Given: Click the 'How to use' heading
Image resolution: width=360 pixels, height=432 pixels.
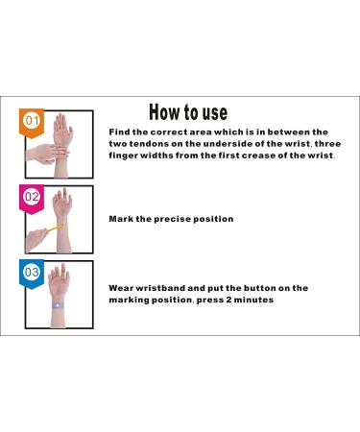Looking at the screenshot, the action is pos(188,112).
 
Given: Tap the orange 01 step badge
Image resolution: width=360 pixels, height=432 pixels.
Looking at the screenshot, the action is pos(32,123).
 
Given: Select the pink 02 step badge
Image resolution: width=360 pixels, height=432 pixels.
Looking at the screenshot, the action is pos(32,199).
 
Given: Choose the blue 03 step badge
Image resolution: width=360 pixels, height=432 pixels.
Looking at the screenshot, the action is pos(32,275).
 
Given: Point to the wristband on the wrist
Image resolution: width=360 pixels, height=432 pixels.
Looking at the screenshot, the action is pos(58,305).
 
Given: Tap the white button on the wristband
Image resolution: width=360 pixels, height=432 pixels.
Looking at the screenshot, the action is pos(58,305).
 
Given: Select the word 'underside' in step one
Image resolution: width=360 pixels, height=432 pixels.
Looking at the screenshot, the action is pos(227,144).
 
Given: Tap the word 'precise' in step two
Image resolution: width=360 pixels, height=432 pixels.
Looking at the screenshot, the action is pos(172,219).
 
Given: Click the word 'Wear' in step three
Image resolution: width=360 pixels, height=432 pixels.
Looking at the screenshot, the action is pos(121,288).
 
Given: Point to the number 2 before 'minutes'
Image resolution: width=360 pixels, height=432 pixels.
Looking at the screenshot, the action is pos(228,300).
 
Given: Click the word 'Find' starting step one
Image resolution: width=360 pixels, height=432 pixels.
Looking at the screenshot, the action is pos(119,132).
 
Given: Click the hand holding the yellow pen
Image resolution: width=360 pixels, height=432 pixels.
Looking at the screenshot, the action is pos(36,240).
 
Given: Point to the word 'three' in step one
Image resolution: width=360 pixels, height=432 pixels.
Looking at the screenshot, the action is pos(327,144).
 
